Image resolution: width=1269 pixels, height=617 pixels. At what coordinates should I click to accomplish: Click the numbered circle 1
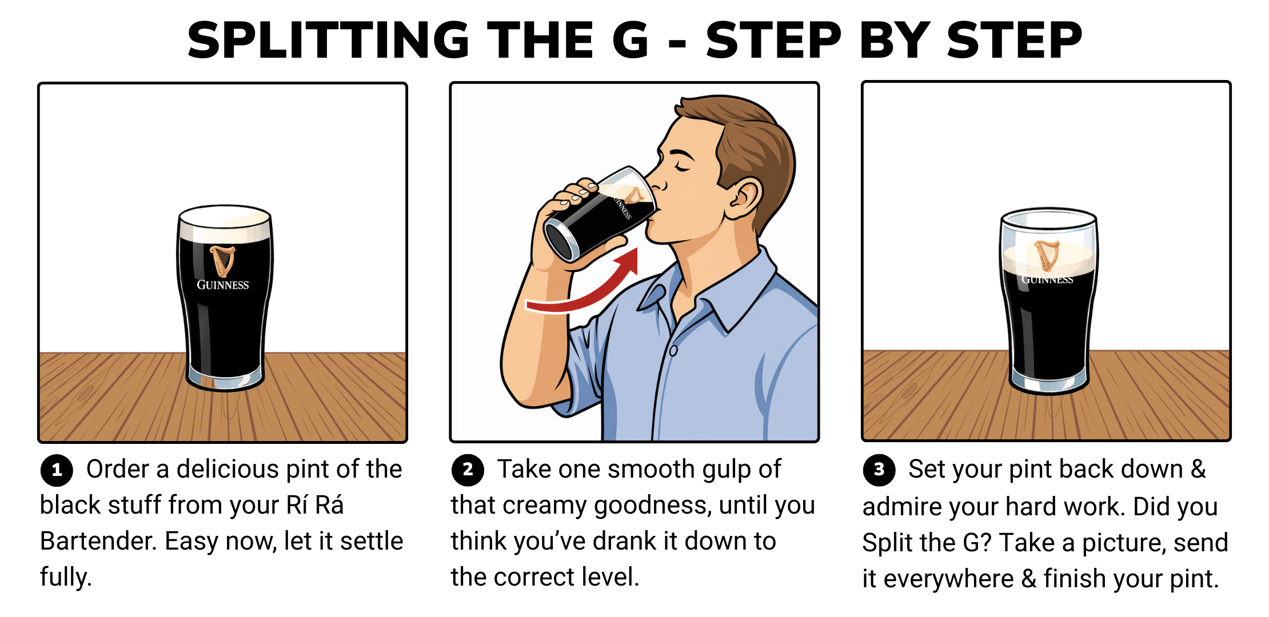[x=57, y=470]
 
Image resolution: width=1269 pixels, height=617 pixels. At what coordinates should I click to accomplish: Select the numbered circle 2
[x=468, y=470]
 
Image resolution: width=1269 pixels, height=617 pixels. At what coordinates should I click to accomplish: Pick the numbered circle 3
[x=879, y=470]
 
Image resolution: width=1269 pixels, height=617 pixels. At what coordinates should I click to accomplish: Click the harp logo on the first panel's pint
[x=222, y=261]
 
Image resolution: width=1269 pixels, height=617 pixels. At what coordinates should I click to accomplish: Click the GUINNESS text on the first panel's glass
[x=223, y=285]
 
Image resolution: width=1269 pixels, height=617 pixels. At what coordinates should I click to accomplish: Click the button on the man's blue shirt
[x=673, y=350]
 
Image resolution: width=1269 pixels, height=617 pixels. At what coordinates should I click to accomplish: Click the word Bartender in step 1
[x=98, y=541]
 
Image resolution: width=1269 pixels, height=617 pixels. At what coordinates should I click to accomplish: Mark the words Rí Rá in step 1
[x=314, y=505]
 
